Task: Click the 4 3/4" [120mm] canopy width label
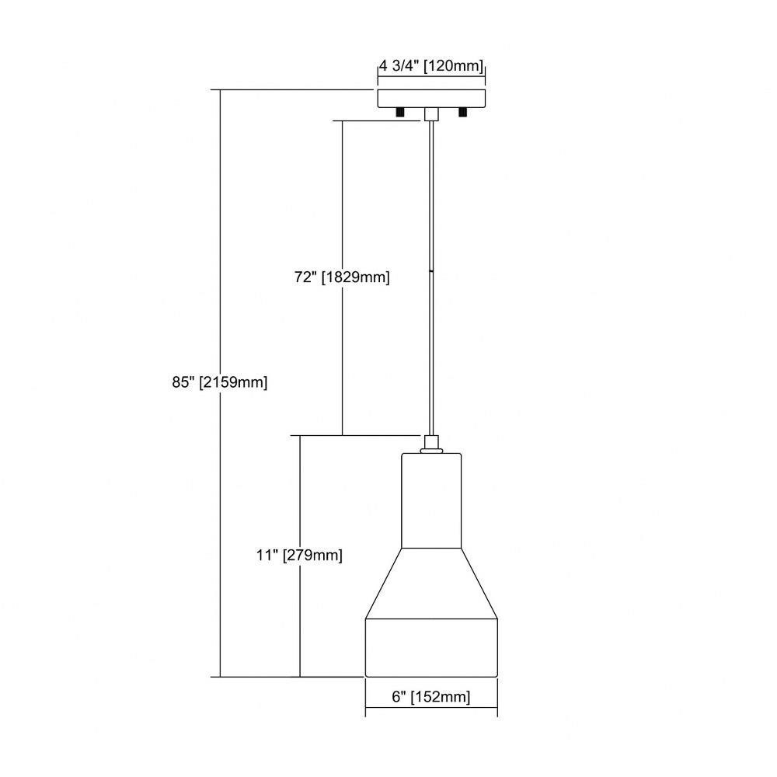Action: coord(431,66)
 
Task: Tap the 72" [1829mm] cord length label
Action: coord(342,277)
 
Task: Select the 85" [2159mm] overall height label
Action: coord(220,382)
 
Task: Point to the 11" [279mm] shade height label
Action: coord(299,555)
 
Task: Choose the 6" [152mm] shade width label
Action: coord(430,697)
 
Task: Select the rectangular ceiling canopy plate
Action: coord(431,99)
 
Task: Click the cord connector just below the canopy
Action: coord(431,114)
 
